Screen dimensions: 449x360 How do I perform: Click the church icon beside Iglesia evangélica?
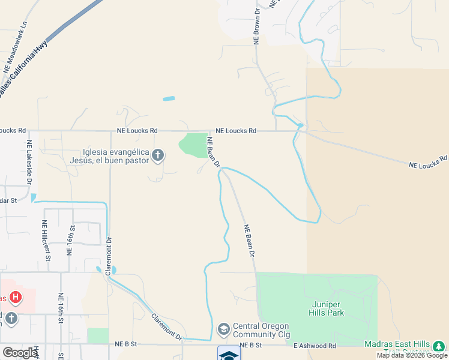(x=157, y=156)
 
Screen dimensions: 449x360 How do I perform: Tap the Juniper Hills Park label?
(x=327, y=308)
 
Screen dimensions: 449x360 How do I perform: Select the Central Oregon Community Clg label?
(x=262, y=330)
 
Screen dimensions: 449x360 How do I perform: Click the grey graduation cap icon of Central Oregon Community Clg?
(x=223, y=329)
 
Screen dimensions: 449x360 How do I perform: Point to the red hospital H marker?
(x=16, y=297)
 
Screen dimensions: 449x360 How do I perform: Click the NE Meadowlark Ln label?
(x=16, y=48)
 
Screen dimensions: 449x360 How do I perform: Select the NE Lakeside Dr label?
(x=29, y=162)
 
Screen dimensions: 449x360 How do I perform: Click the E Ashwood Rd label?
(x=315, y=346)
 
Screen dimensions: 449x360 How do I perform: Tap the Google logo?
(x=20, y=353)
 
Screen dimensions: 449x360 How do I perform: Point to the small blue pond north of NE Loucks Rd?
(x=169, y=98)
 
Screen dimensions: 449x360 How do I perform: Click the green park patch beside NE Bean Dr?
(x=193, y=145)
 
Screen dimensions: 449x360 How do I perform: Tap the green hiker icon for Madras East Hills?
(x=439, y=346)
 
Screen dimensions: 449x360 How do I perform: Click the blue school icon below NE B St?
(x=229, y=355)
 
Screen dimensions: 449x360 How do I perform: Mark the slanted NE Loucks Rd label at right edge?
(x=428, y=161)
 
